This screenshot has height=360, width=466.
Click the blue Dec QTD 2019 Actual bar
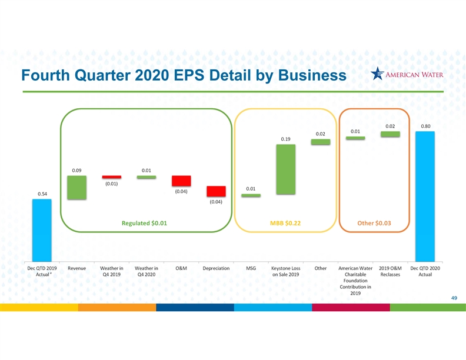point(42,230)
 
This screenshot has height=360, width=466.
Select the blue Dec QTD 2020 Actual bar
point(425,196)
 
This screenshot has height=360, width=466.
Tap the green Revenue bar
point(76,188)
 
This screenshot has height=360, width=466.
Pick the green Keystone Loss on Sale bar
point(285,169)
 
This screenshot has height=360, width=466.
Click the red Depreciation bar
point(216,191)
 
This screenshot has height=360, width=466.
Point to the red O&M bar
point(181,181)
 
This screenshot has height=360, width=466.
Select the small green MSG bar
point(251,195)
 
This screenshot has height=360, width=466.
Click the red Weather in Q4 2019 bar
point(111,177)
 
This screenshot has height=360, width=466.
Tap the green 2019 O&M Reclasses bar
point(390,134)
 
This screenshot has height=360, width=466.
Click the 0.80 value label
point(425,126)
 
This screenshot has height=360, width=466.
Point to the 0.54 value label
point(42,194)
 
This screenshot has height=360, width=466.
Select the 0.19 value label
point(285,139)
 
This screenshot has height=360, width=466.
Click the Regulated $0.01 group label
point(144,223)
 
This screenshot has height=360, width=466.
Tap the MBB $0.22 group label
point(285,223)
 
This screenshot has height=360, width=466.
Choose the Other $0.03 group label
point(374,223)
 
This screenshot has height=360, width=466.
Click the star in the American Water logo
point(377,74)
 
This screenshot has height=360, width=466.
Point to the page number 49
point(454,298)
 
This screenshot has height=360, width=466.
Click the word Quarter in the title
point(102,75)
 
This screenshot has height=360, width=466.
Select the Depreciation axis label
point(216,268)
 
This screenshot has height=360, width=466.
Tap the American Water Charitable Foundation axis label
point(355,281)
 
